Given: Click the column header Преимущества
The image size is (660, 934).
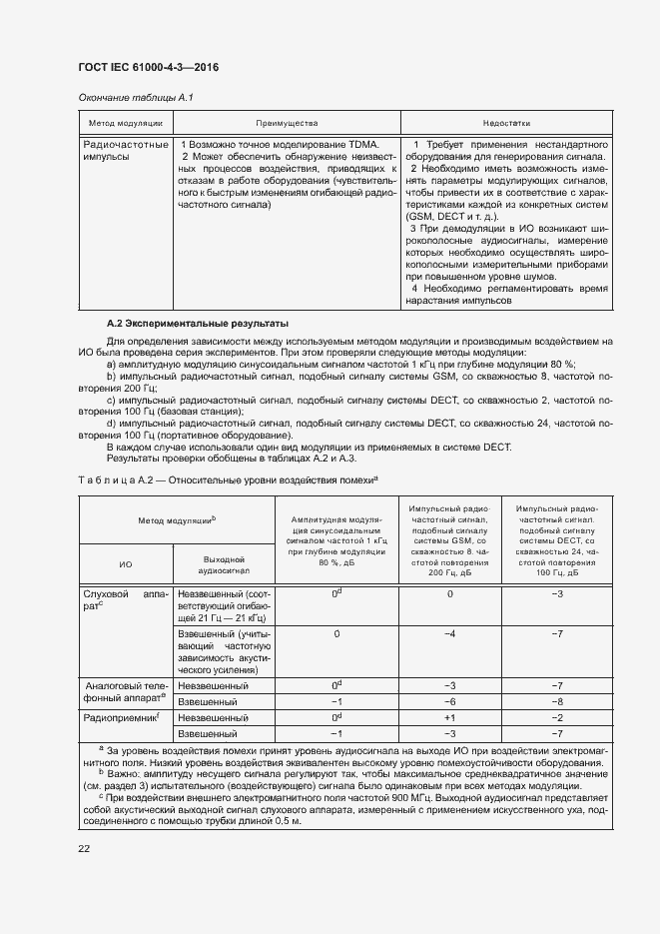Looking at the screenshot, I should click(x=286, y=123).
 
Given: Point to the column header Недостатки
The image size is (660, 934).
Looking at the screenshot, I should click(x=506, y=123).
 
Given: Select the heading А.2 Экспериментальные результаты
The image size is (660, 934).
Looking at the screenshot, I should click(x=198, y=324).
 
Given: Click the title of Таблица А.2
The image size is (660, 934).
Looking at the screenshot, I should click(x=228, y=480).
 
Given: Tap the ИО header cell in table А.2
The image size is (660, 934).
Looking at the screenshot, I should click(x=125, y=564).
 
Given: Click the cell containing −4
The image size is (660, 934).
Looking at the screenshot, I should click(x=449, y=634).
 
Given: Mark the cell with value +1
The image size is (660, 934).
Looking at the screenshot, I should click(x=449, y=717).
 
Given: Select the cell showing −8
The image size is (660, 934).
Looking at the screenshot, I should click(x=558, y=701).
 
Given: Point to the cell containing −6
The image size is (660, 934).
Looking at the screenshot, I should click(x=449, y=701).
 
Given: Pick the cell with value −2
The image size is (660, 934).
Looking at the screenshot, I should click(x=558, y=717).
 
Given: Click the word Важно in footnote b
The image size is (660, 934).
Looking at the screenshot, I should click(x=126, y=772).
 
